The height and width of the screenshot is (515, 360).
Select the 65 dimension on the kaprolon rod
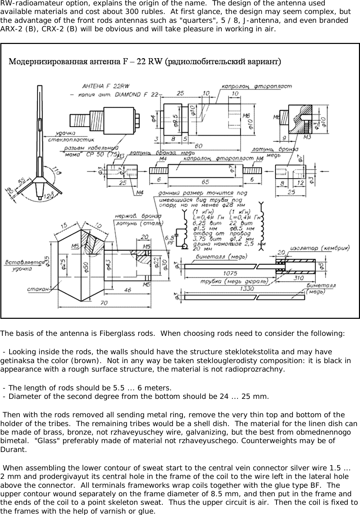click(x=205, y=182)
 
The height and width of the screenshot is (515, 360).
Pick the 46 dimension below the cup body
click(x=127, y=290)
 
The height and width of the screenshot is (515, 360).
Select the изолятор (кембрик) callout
click(x=319, y=249)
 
